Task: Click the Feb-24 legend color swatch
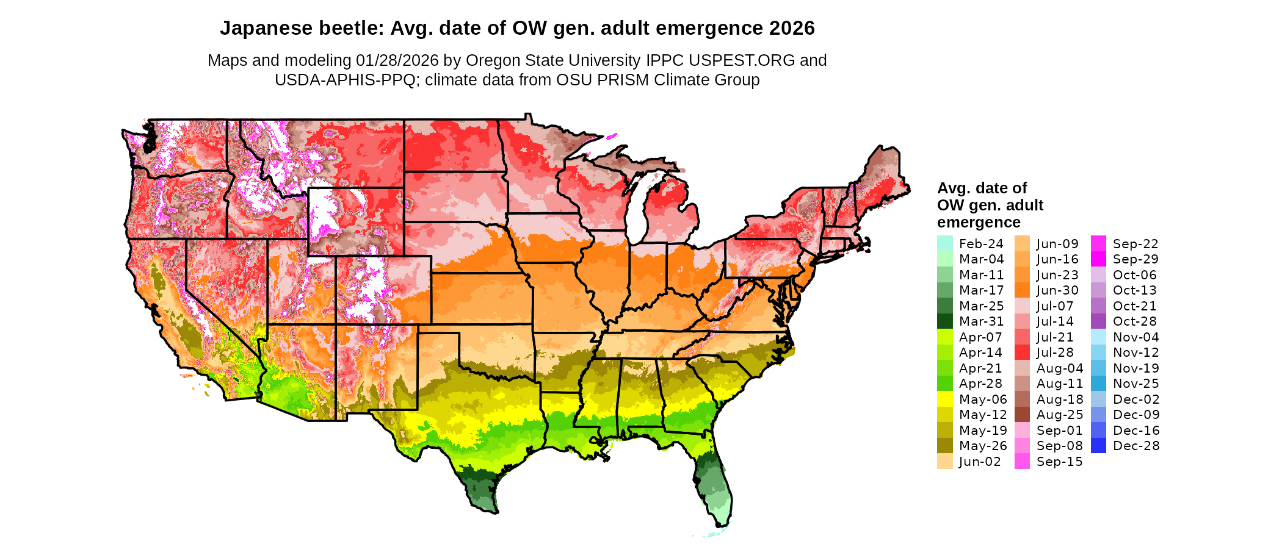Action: pos(944,243)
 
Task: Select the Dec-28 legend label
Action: pos(1135,446)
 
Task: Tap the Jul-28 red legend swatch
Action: pos(1022,353)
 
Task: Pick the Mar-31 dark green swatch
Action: pos(944,321)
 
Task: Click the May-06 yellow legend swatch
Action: pos(944,399)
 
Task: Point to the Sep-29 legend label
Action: pos(1135,259)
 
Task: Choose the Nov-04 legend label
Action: pos(1135,337)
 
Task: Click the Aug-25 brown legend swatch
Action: pos(1022,415)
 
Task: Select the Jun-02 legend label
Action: pos(980,462)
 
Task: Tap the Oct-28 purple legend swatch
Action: pos(1099,321)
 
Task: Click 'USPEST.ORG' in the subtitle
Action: pos(742,60)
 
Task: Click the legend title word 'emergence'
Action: pos(979,222)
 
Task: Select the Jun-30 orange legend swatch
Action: pos(1022,290)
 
